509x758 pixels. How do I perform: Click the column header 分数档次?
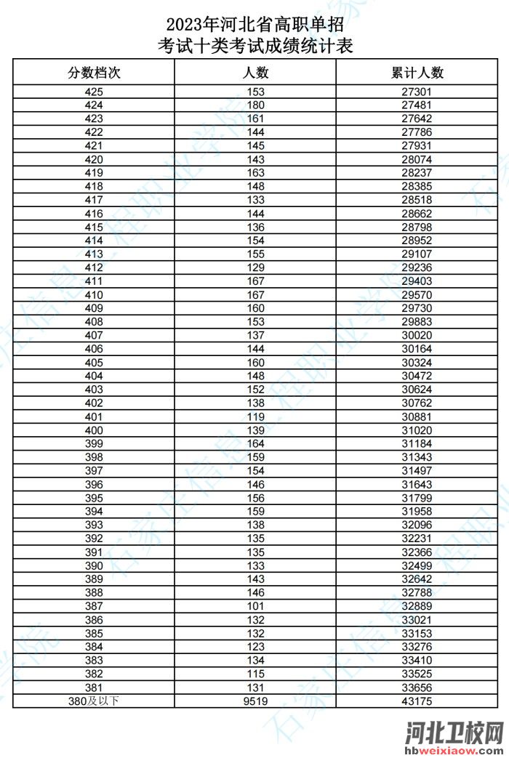click(94, 73)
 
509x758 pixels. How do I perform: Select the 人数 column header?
click(255, 73)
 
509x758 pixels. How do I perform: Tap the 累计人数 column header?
click(417, 73)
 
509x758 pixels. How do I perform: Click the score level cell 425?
click(94, 92)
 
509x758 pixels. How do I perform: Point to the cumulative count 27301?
click(417, 92)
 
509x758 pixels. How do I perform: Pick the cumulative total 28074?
click(417, 159)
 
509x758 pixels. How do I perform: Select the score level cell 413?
click(94, 254)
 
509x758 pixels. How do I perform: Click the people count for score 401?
click(255, 417)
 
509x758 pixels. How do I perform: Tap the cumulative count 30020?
click(417, 336)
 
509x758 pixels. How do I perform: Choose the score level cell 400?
click(94, 430)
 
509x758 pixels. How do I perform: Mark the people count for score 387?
click(255, 606)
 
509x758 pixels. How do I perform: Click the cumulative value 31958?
click(417, 512)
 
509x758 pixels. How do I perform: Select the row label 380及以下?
click(94, 701)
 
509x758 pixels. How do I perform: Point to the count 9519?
click(255, 701)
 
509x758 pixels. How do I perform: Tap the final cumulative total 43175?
click(417, 701)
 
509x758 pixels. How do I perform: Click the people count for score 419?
click(255, 173)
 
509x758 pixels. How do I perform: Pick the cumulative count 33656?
click(417, 688)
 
